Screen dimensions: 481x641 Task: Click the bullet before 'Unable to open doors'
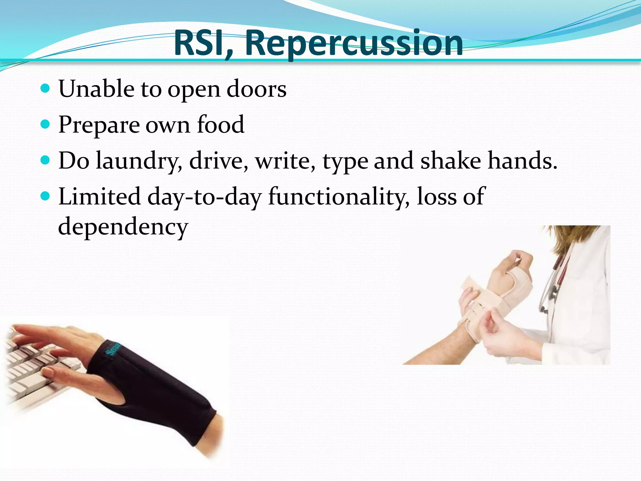pos(45,89)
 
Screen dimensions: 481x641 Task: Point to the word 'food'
pos(220,124)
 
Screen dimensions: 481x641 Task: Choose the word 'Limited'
pos(100,196)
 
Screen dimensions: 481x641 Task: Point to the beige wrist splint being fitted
pos(488,301)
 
